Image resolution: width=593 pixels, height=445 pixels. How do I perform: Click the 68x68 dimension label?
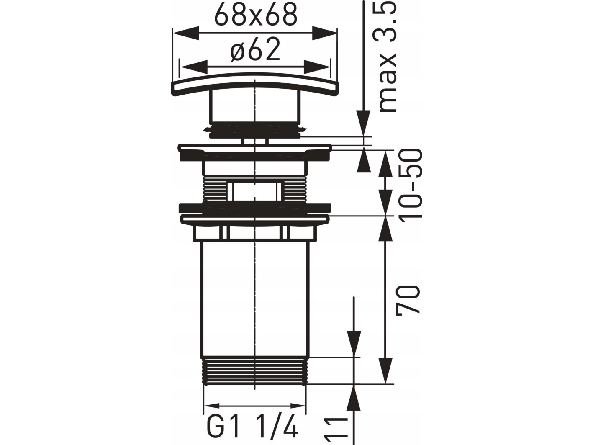pyautogui.click(x=256, y=15)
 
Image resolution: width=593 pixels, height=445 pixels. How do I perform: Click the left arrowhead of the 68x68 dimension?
pyautogui.click(x=186, y=33)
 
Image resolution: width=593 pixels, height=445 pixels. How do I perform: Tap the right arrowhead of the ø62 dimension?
pyautogui.click(x=317, y=67)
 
